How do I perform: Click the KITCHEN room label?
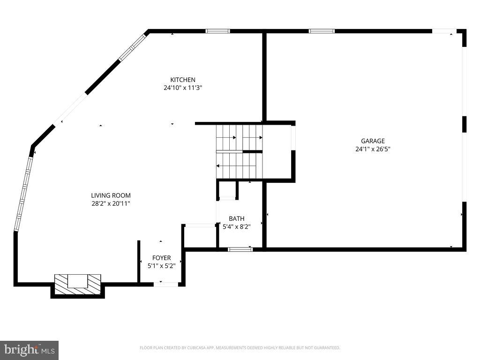point(183,80)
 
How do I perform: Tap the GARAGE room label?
point(373,141)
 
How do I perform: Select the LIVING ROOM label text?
point(111,195)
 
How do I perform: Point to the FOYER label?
point(161,258)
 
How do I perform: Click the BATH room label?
point(236,219)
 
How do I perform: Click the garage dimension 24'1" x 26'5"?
point(373,149)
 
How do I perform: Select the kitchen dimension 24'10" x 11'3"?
point(183,88)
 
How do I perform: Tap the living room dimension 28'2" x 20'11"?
point(111,203)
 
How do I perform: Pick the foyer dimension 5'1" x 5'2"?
point(161,266)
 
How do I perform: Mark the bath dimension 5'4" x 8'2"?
point(236,227)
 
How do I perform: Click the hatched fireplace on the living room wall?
point(77,285)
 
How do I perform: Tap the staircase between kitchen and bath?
point(239,151)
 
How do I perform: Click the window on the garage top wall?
point(322,31)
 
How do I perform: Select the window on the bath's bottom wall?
point(240,249)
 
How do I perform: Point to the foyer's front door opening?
point(166,284)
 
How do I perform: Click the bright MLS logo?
point(29,350)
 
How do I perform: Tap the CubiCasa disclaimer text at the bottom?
point(240,348)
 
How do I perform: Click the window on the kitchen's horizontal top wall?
point(217,31)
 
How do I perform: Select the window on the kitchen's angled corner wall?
point(133,47)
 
